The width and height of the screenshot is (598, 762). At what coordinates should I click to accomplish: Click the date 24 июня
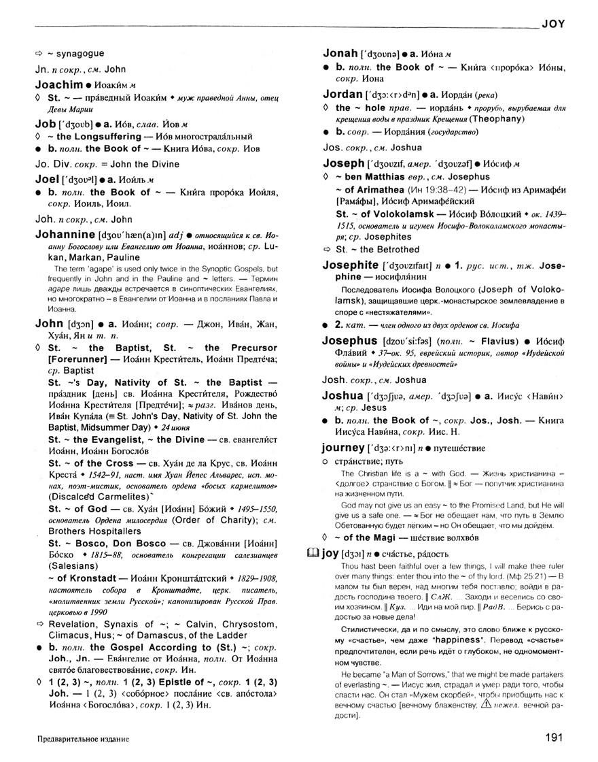tap(177, 429)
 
